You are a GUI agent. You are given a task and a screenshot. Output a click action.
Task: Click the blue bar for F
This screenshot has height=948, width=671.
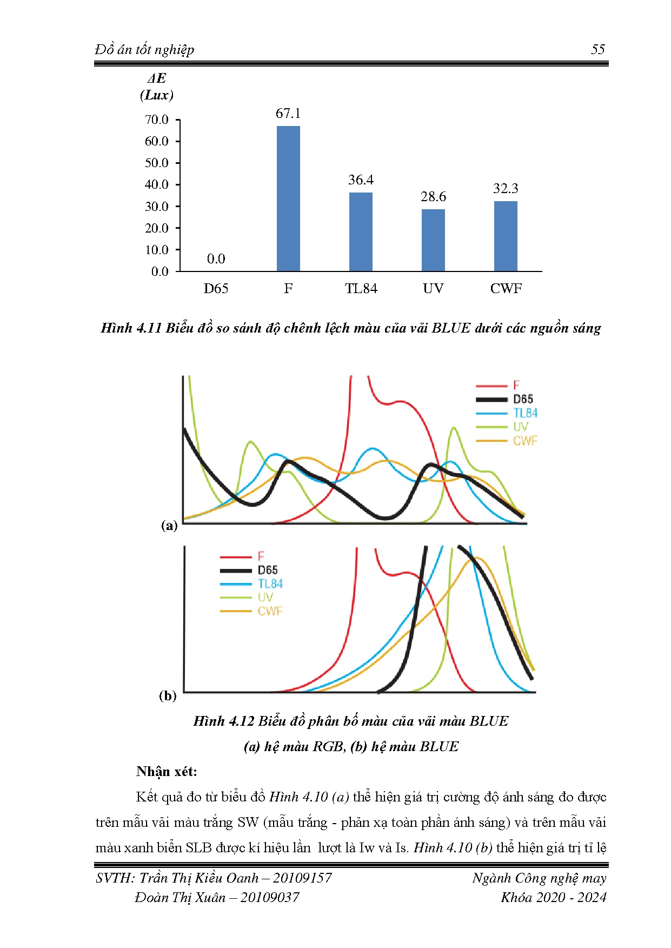point(288,198)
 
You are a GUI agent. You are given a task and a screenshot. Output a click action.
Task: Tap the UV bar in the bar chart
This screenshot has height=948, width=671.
point(433,240)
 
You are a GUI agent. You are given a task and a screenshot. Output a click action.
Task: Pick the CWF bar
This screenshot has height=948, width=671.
point(506,236)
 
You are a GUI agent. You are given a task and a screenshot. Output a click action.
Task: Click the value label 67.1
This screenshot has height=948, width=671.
point(288,114)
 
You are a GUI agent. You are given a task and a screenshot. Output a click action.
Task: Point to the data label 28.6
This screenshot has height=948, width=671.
point(433,197)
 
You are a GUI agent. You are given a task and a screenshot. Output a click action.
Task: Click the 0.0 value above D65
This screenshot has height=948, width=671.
point(216,259)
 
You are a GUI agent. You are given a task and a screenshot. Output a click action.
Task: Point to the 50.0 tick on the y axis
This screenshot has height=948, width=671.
point(157,163)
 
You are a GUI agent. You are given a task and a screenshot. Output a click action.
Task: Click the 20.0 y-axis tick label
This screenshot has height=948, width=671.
point(157,228)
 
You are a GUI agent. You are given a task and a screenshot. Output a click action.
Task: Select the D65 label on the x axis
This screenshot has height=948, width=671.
point(216,289)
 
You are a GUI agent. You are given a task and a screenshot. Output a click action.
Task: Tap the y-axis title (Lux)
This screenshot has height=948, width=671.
point(157,95)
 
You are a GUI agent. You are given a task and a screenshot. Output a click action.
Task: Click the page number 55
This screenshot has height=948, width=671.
point(597,50)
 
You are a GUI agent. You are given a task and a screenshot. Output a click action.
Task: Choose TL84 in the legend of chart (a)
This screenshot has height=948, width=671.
point(525,413)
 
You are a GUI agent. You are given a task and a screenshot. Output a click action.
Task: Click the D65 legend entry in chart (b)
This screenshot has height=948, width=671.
point(268,570)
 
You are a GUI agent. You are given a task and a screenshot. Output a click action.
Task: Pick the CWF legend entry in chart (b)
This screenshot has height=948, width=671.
point(270,611)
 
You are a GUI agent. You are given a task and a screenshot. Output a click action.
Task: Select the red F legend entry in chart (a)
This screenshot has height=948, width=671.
point(516,385)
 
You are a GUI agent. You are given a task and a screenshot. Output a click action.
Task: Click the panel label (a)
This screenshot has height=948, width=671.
point(169,525)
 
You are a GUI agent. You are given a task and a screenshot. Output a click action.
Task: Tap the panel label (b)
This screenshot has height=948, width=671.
point(168,695)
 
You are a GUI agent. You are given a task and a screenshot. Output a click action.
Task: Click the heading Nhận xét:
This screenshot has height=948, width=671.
point(167,771)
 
